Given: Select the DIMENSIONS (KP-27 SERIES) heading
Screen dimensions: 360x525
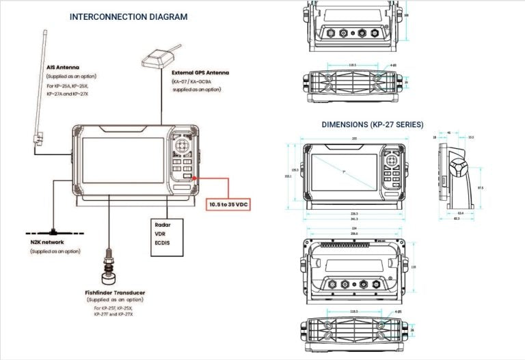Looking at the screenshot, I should pyautogui.click(x=372, y=124).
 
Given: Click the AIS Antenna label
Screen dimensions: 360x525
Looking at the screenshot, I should pyautogui.click(x=63, y=68).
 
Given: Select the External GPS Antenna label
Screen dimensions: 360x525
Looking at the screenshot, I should pyautogui.click(x=200, y=72).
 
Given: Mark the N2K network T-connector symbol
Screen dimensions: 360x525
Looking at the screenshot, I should pyautogui.click(x=53, y=230).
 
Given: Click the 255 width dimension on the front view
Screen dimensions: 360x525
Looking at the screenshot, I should pyautogui.click(x=353, y=139).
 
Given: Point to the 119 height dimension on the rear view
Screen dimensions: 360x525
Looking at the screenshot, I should pyautogui.click(x=412, y=267).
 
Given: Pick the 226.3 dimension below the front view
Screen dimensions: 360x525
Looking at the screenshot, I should pyautogui.click(x=353, y=213).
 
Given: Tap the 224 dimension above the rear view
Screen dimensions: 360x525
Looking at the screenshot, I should pyautogui.click(x=353, y=228).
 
